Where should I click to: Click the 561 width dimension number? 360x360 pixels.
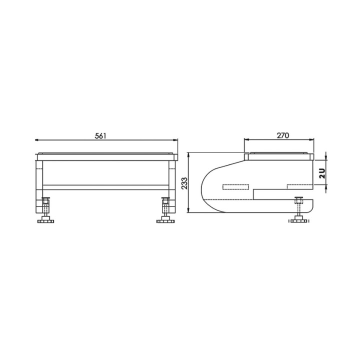pyautogui.click(x=100, y=136)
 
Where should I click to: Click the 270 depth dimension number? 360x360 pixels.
pyautogui.click(x=283, y=135)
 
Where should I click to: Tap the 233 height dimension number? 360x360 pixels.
pyautogui.click(x=184, y=183)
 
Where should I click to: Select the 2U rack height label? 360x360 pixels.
pyautogui.click(x=322, y=173)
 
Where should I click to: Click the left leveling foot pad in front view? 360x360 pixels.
pyautogui.click(x=45, y=221)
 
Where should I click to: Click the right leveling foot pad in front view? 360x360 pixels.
pyautogui.click(x=165, y=221)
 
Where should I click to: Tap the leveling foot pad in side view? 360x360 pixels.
pyautogui.click(x=299, y=221)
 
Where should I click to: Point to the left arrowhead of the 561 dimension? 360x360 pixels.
pyautogui.click(x=36, y=139)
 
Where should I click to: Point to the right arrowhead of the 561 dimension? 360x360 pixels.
pyautogui.click(x=176, y=139)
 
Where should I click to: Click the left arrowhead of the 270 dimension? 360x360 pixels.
pyautogui.click(x=246, y=139)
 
